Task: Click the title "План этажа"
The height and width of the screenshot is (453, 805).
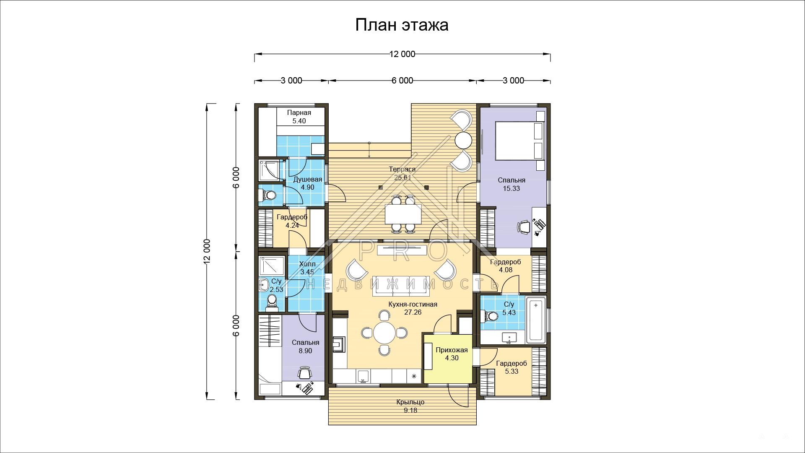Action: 402,25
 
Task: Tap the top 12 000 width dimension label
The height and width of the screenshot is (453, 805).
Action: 402,54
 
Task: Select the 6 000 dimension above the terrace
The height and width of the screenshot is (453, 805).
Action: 402,81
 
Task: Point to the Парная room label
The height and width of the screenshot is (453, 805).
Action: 299,113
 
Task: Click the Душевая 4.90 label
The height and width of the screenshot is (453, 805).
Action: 307,183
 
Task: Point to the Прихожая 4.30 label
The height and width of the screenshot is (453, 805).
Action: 452,354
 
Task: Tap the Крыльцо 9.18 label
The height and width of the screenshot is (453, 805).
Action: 410,406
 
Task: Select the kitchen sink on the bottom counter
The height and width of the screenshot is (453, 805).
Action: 363,376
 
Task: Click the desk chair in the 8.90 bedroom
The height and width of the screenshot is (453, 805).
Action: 305,372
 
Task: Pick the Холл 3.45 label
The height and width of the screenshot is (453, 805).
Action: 307,268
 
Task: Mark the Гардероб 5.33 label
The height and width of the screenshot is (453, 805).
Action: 512,367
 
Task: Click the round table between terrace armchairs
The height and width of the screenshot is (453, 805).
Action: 464,140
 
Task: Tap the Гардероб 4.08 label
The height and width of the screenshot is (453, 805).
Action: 506,266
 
